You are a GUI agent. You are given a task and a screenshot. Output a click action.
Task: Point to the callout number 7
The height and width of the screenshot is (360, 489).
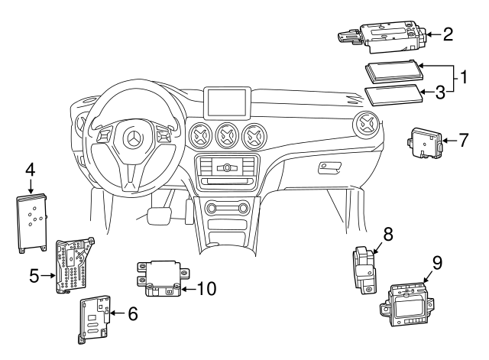[x=464, y=140]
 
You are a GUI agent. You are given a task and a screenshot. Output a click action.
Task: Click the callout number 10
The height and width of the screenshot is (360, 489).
[x=206, y=288]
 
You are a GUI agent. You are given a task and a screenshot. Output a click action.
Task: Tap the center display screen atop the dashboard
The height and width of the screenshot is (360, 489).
[x=230, y=101]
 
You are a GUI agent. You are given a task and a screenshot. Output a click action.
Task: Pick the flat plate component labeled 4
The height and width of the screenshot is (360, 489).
[x=32, y=220]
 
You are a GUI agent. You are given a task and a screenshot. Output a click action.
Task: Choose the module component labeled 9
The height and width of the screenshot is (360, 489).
[x=410, y=300]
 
